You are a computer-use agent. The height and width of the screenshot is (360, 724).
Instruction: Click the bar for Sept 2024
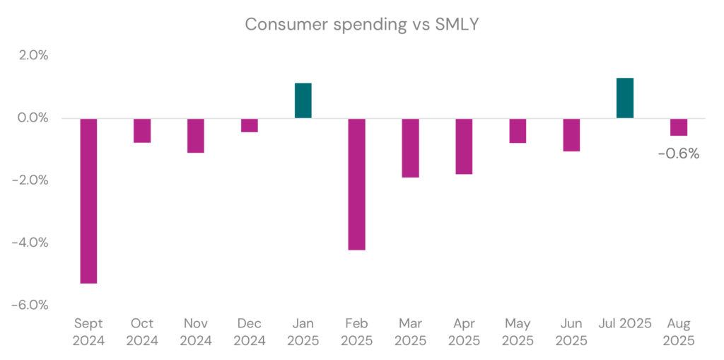pyautogui.click(x=88, y=200)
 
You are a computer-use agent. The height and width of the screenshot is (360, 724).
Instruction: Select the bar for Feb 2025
pyautogui.click(x=356, y=184)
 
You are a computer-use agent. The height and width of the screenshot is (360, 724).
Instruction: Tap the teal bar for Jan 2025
pyautogui.click(x=303, y=100)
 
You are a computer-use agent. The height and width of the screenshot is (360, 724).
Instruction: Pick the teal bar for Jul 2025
pyautogui.click(x=625, y=98)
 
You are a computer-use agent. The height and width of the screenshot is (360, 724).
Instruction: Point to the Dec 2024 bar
pyautogui.click(x=250, y=125)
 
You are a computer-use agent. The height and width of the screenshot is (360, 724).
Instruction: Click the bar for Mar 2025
pyautogui.click(x=410, y=148)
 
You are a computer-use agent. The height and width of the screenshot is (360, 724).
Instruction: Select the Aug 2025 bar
pyautogui.click(x=679, y=127)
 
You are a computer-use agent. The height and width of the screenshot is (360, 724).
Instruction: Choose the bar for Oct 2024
pyautogui.click(x=142, y=131)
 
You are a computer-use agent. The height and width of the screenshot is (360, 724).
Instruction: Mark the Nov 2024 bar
pyautogui.click(x=196, y=136)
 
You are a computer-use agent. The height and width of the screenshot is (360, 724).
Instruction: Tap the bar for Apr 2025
pyautogui.click(x=464, y=146)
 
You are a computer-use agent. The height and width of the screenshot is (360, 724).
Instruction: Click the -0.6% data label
pyautogui.click(x=679, y=153)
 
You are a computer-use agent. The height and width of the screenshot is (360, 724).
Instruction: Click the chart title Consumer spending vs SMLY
pyautogui.click(x=362, y=24)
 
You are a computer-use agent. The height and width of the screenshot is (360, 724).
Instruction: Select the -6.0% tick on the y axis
pyautogui.click(x=30, y=305)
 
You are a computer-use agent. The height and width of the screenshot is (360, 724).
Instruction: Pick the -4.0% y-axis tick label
pyautogui.click(x=30, y=243)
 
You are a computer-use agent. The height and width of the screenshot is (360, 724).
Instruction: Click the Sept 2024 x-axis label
pyautogui.click(x=88, y=332)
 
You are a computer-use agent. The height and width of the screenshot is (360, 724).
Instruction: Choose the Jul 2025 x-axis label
pyautogui.click(x=625, y=324)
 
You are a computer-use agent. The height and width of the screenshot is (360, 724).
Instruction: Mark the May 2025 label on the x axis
pyautogui.click(x=518, y=332)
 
